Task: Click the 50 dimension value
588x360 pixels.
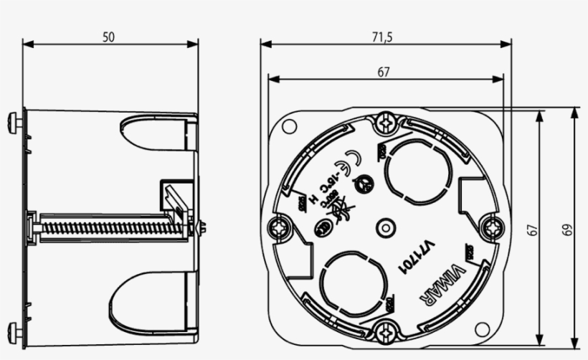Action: tap(108, 37)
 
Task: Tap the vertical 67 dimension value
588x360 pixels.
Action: tap(532, 229)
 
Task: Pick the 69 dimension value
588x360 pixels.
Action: tap(566, 229)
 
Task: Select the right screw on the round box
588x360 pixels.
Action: tap(493, 227)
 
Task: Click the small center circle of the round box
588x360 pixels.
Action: tap(386, 227)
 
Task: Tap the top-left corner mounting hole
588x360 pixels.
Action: tap(289, 127)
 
